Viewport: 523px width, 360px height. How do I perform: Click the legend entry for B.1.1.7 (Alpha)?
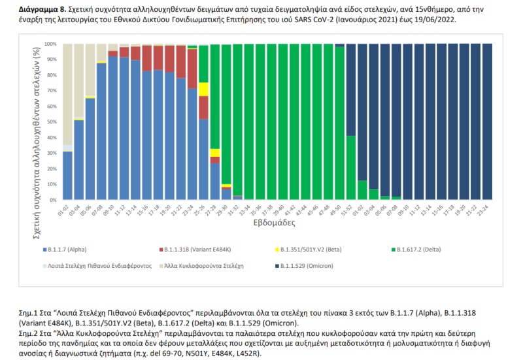click(x=65, y=250)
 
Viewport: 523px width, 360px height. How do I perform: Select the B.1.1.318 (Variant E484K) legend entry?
click(x=195, y=250)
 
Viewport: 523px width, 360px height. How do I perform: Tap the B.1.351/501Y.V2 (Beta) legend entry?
click(x=309, y=250)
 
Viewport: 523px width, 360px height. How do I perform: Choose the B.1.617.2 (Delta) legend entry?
click(x=416, y=250)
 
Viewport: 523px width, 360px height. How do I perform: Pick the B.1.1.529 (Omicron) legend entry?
click(x=304, y=266)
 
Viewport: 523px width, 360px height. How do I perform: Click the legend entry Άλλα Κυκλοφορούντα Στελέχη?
click(x=201, y=266)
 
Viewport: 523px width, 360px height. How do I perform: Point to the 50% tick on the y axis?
click(x=51, y=122)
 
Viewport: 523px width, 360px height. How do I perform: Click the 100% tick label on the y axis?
click(x=51, y=44)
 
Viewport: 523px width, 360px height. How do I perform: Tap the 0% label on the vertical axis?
click(x=53, y=200)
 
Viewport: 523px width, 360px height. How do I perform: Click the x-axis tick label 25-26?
click(x=199, y=210)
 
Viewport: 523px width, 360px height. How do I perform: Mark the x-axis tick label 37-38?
click(x=267, y=210)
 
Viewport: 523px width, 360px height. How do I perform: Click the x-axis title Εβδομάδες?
click(x=274, y=222)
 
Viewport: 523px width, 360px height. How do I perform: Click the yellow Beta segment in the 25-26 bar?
click(x=203, y=89)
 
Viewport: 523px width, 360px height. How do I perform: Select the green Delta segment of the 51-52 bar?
click(x=351, y=168)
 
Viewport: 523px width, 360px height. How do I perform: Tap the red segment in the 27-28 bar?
click(x=215, y=160)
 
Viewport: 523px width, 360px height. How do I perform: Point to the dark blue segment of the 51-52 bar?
click(x=351, y=90)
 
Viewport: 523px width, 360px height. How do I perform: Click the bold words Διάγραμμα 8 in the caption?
click(x=40, y=9)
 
